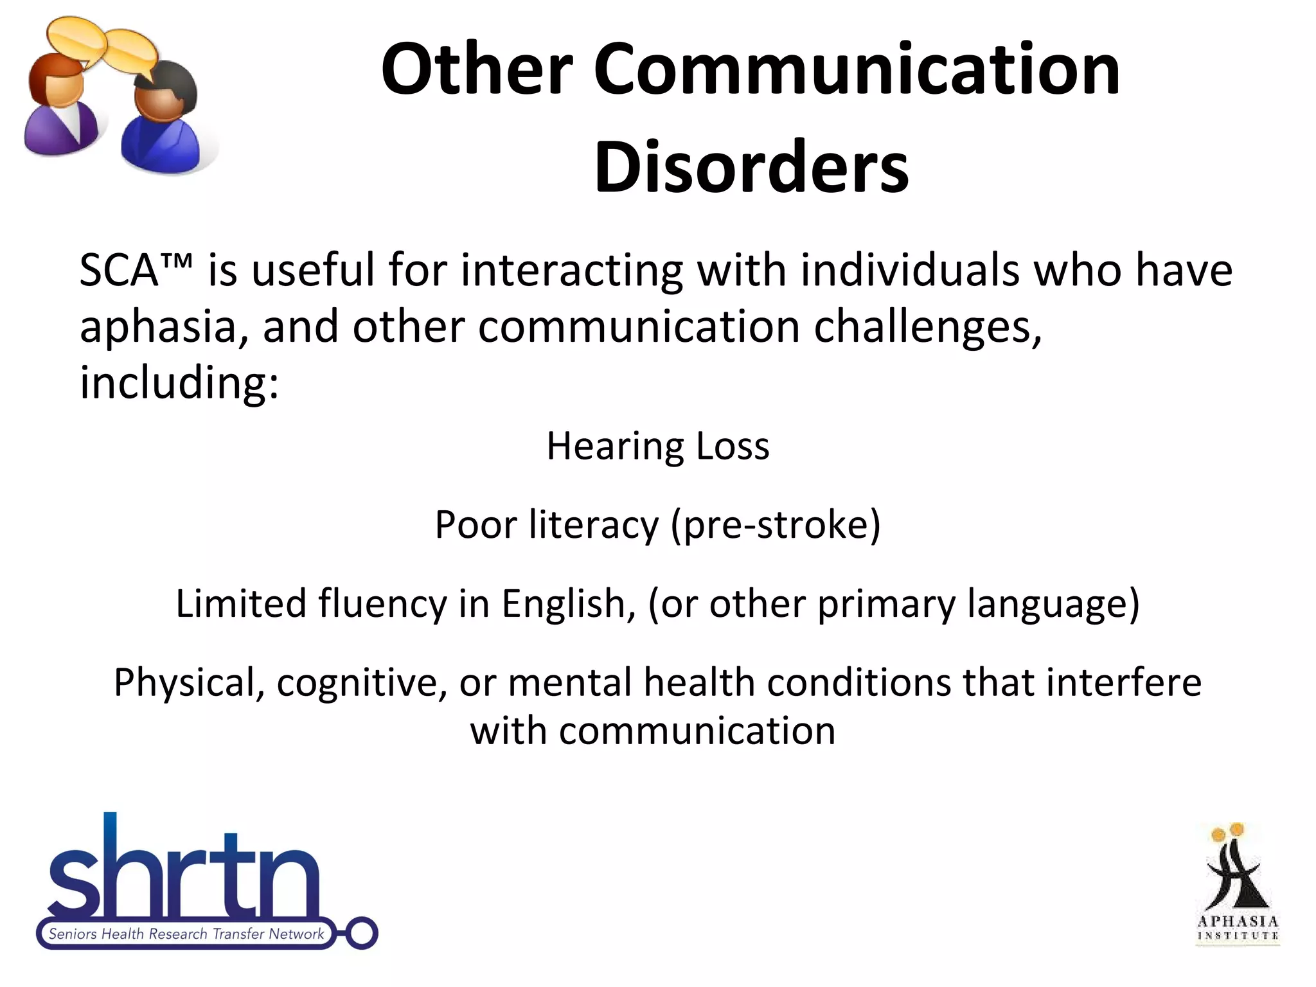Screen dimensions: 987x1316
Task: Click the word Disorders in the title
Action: click(751, 166)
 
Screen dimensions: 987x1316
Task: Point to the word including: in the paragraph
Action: click(179, 382)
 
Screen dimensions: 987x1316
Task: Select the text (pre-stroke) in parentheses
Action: click(775, 524)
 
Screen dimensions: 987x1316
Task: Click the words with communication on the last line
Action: click(652, 731)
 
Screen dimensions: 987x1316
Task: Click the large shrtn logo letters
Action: click(183, 874)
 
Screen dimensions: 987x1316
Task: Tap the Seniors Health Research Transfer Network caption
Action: click(186, 934)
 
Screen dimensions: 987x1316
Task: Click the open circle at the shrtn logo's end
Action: click(362, 933)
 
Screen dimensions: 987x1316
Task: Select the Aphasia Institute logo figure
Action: click(1237, 874)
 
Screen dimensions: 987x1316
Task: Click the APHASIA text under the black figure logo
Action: click(1238, 921)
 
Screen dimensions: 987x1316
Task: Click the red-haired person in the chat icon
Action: click(61, 103)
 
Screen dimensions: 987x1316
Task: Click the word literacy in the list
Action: click(594, 524)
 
